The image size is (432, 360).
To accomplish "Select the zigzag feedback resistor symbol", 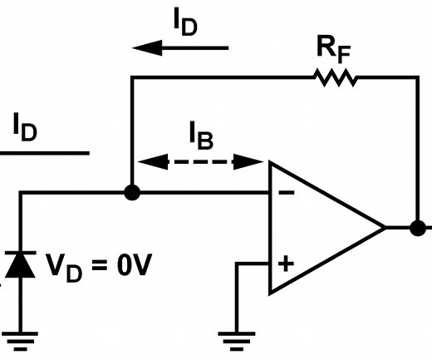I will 336,77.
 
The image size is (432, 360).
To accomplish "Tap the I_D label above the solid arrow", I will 185,22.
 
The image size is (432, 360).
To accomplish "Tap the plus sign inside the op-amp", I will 285,264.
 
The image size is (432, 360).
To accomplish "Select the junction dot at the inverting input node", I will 131,193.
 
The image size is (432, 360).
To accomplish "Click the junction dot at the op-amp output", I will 417,227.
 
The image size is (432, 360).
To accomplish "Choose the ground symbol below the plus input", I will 236,338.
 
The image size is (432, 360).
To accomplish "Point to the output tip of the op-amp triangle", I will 384,227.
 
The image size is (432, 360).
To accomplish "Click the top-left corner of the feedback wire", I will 131,77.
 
